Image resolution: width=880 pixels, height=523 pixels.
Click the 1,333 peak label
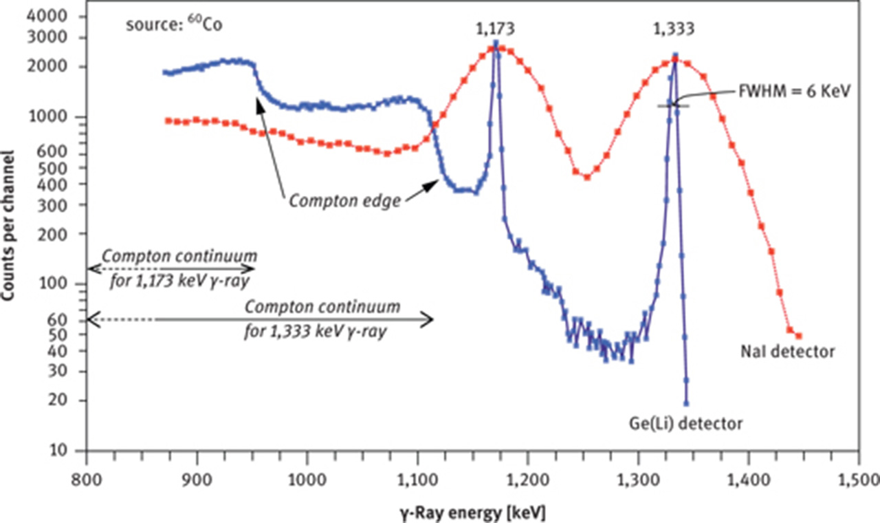click(x=674, y=30)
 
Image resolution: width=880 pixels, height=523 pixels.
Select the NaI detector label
click(x=788, y=352)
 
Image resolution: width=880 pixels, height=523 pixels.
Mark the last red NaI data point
click(x=799, y=336)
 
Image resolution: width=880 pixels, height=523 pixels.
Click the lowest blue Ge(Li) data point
click(x=686, y=403)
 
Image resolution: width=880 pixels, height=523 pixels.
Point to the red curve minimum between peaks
click(x=586, y=178)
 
